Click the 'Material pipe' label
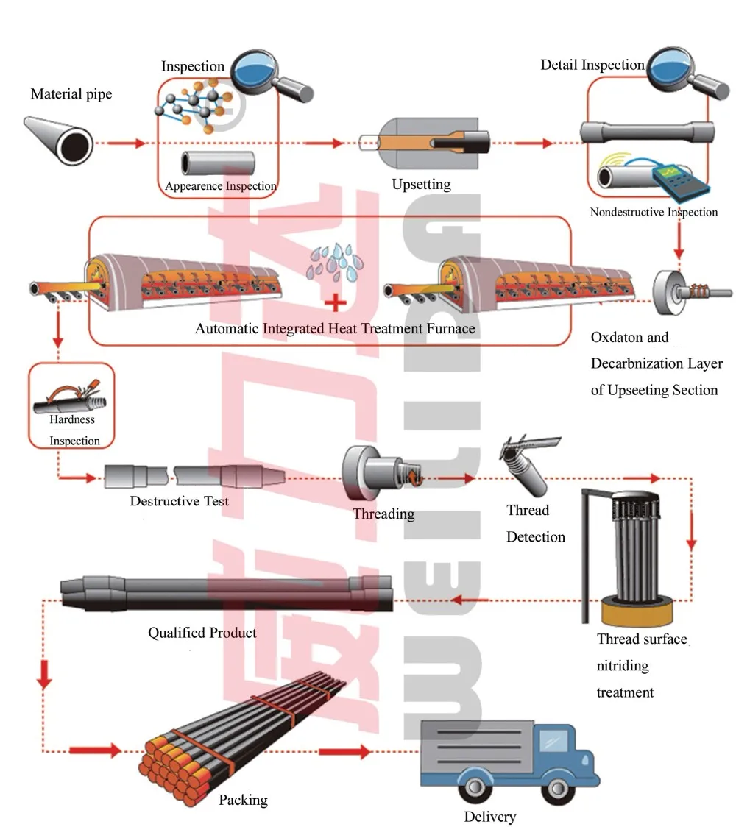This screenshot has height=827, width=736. (71, 94)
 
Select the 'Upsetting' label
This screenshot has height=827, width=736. (421, 184)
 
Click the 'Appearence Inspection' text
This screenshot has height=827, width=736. (220, 186)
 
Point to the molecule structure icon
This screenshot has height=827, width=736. (188, 107)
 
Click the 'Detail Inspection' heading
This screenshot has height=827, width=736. (592, 65)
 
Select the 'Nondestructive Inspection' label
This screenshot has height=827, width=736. (654, 213)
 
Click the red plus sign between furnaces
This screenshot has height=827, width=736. (336, 302)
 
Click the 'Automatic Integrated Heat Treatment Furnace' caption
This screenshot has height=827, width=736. (335, 328)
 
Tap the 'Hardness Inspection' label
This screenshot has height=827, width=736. (74, 430)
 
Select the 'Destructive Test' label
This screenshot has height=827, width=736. (179, 501)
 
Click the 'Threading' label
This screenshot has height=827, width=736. (383, 514)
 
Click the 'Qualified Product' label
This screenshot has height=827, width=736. (202, 633)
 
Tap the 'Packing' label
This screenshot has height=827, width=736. (244, 800)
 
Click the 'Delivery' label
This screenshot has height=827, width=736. (489, 817)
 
